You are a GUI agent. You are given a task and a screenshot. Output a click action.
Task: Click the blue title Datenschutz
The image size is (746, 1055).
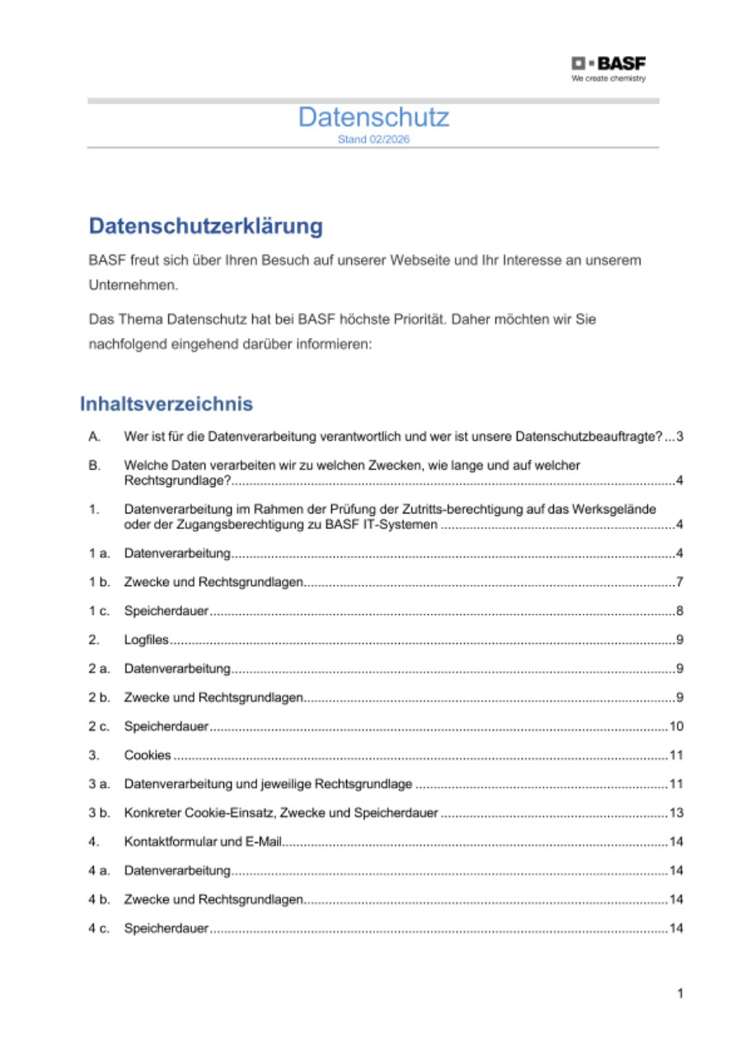pos(373,117)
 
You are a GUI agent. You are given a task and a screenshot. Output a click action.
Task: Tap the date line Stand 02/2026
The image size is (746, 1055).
pos(373,139)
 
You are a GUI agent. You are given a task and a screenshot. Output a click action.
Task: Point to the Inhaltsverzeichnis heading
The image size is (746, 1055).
pos(166,404)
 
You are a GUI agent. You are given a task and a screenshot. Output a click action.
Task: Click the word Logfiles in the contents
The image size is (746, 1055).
pos(147,640)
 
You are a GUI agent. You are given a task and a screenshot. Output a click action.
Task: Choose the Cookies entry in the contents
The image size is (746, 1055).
pos(148,755)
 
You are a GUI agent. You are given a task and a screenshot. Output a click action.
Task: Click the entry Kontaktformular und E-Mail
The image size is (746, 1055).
pos(204,842)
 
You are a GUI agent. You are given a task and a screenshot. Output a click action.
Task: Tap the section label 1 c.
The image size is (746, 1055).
pos(99,612)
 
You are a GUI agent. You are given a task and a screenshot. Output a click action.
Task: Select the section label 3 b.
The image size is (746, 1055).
pos(99,814)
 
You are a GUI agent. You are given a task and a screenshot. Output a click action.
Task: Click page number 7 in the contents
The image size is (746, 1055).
pos(679,583)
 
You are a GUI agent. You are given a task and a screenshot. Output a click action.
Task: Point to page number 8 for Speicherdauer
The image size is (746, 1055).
pos(679,612)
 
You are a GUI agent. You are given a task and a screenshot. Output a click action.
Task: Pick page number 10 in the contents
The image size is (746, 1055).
pos(676,727)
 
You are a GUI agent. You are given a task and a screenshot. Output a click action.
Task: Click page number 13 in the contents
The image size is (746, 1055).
pos(676,814)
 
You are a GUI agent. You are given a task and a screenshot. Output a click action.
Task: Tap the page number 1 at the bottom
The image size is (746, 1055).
pos(680,994)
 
